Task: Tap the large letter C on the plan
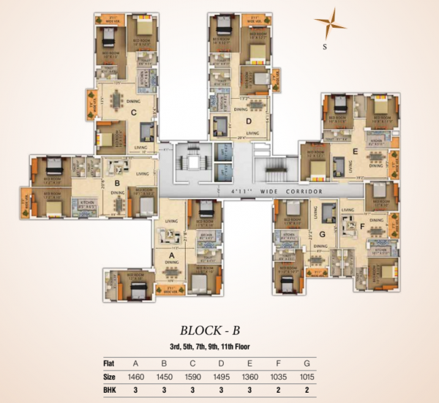134,113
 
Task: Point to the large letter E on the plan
354,152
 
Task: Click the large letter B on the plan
116,184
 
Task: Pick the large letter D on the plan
249,121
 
